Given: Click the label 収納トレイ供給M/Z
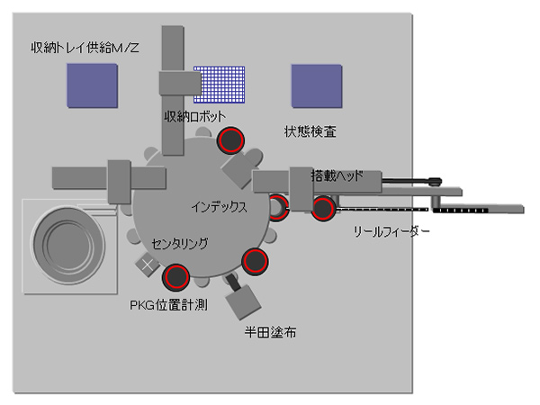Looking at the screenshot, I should (x=85, y=47).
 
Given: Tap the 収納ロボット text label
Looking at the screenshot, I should (x=194, y=117).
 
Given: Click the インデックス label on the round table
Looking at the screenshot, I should (x=219, y=206).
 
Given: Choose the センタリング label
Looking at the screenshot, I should (x=180, y=243).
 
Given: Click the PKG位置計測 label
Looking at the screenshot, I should (x=169, y=304).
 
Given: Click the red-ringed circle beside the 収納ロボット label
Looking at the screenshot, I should (x=231, y=140).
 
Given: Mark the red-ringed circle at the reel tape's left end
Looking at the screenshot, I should (x=324, y=209).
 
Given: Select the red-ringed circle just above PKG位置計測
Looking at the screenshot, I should (x=175, y=274).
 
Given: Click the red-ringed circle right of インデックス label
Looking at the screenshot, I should (x=277, y=207).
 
